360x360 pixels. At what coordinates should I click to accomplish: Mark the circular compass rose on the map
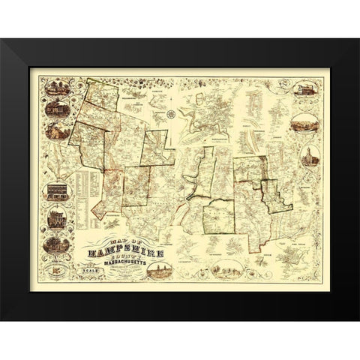[x=170, y=114]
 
